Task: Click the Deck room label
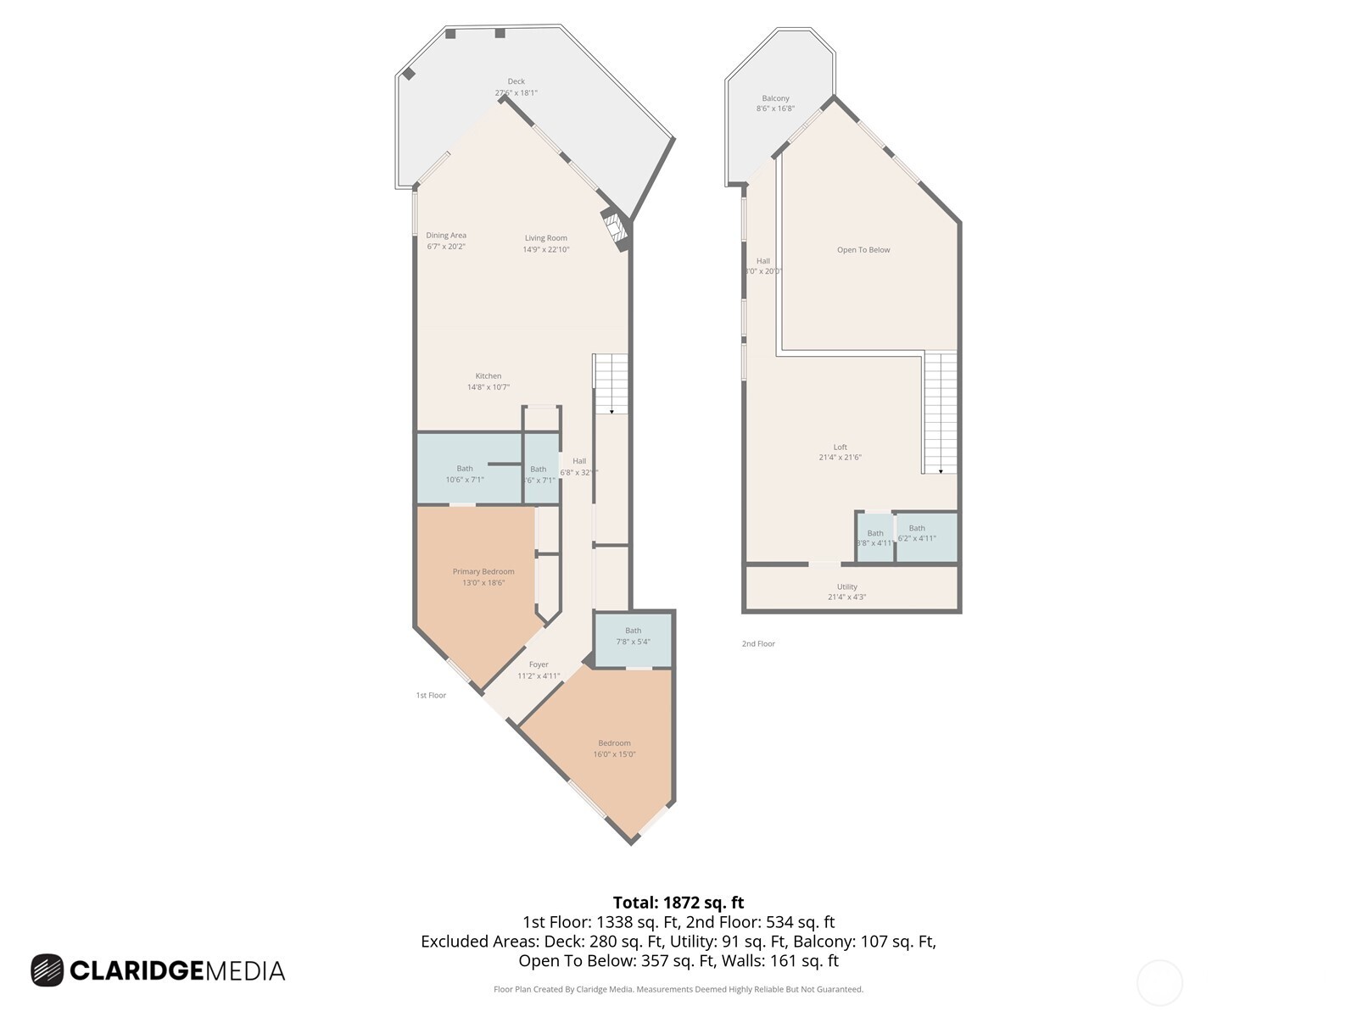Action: (516, 82)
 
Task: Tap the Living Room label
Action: (545, 238)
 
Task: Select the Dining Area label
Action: (446, 236)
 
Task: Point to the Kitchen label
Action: (488, 376)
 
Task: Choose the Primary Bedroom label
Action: (483, 572)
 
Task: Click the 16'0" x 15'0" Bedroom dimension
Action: (614, 754)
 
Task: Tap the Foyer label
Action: (539, 665)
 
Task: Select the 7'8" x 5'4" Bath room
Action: (633, 636)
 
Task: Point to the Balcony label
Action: (775, 99)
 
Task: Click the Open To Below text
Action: (863, 250)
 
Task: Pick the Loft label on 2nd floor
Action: (840, 447)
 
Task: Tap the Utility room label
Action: (846, 587)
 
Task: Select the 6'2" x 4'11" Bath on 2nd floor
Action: (917, 533)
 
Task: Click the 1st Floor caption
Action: (431, 696)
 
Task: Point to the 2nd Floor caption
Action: (758, 644)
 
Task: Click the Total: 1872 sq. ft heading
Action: (678, 903)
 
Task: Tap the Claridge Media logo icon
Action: (47, 970)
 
